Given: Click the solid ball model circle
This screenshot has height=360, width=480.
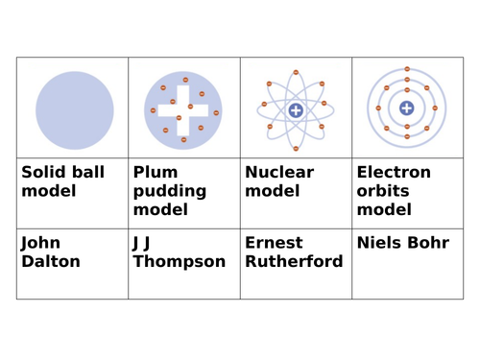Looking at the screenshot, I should pos(74,109).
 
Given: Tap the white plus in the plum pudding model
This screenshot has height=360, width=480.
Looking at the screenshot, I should pos(183,109).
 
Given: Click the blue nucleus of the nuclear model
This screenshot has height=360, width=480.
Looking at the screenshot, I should pos(296,110).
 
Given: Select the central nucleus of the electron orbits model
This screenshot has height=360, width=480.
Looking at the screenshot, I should pos(407,108).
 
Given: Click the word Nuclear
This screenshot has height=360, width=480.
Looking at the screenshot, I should pos(279,173).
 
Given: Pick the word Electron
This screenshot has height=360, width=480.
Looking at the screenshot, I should pos(394,173).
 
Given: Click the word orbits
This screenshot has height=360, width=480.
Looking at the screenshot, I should pos(382,191).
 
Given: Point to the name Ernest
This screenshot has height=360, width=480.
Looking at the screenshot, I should pos(274,243).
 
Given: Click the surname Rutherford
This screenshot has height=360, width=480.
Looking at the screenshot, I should pos(294,261).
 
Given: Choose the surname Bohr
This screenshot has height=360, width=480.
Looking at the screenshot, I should pos(430,243).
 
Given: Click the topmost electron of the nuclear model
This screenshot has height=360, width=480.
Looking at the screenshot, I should pos(296,72).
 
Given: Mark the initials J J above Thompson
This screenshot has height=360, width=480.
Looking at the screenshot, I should pos(141,243).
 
